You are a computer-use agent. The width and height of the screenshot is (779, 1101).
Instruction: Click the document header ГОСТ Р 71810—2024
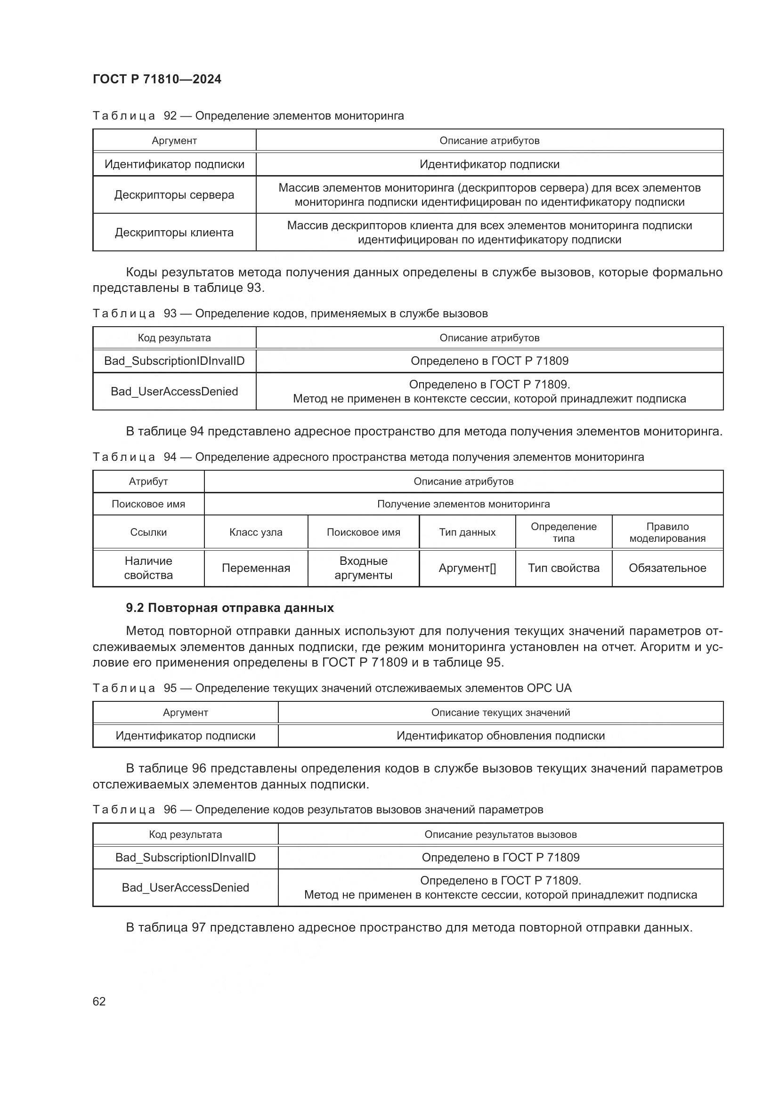pyautogui.click(x=157, y=79)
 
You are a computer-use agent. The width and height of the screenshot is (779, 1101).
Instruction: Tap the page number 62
pyautogui.click(x=99, y=1001)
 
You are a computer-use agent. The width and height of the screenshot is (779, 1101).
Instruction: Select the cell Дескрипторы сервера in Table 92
pyautogui.click(x=174, y=195)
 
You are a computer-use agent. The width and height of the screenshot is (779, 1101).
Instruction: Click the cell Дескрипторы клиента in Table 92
pyautogui.click(x=174, y=233)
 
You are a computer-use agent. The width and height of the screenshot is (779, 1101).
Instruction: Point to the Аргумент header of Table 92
pyautogui.click(x=174, y=140)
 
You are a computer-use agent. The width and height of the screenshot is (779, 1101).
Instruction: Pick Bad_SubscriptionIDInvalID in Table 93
pyautogui.click(x=174, y=361)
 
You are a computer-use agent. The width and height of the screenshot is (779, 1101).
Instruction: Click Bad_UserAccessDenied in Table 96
pyautogui.click(x=185, y=888)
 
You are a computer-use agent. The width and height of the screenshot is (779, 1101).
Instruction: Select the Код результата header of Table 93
pyautogui.click(x=174, y=338)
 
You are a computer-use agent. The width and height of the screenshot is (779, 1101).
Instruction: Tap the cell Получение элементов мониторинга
pyautogui.click(x=463, y=504)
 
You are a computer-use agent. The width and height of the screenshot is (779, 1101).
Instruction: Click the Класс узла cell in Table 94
pyautogui.click(x=256, y=532)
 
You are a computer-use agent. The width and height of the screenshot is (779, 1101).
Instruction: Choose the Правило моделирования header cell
pyautogui.click(x=667, y=532)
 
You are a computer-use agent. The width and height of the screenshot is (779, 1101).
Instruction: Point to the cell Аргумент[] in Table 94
pyautogui.click(x=467, y=568)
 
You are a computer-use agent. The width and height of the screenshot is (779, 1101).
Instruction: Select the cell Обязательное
pyautogui.click(x=667, y=568)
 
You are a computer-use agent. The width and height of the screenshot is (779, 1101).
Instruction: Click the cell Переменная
pyautogui.click(x=256, y=568)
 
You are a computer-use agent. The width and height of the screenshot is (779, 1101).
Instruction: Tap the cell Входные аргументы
pyautogui.click(x=363, y=568)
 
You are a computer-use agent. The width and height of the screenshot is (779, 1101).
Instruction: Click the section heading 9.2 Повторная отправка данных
pyautogui.click(x=230, y=608)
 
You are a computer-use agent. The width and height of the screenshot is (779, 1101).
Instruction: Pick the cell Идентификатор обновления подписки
pyautogui.click(x=500, y=736)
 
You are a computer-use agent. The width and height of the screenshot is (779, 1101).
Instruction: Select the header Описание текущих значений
pyautogui.click(x=500, y=713)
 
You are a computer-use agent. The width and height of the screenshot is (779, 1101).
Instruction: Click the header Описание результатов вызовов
pyautogui.click(x=500, y=835)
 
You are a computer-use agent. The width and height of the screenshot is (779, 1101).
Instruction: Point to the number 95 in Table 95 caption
pyautogui.click(x=170, y=688)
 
